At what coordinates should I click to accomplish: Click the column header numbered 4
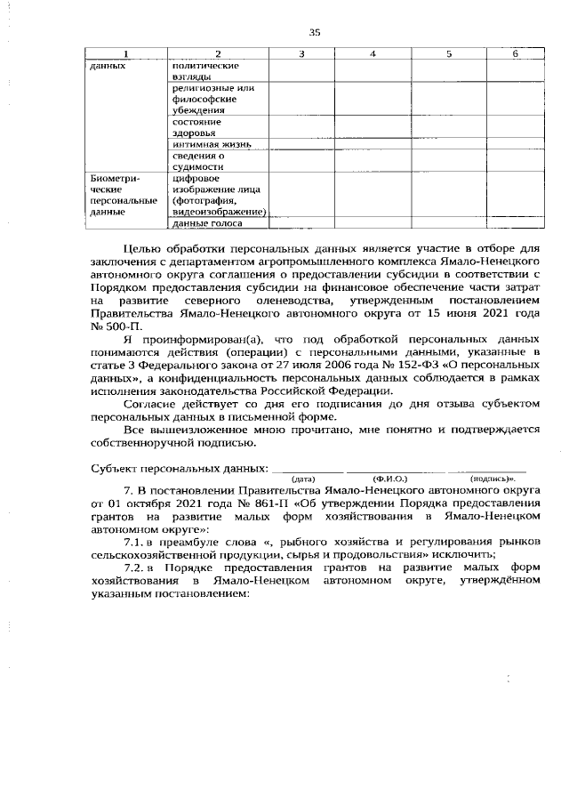point(373,55)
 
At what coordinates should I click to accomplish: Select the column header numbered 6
point(515,55)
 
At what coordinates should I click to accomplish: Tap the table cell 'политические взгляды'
point(204,72)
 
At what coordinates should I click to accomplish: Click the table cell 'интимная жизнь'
point(212,144)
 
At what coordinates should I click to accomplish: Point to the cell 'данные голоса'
point(206,224)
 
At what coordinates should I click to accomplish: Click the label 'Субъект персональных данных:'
point(179,467)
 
